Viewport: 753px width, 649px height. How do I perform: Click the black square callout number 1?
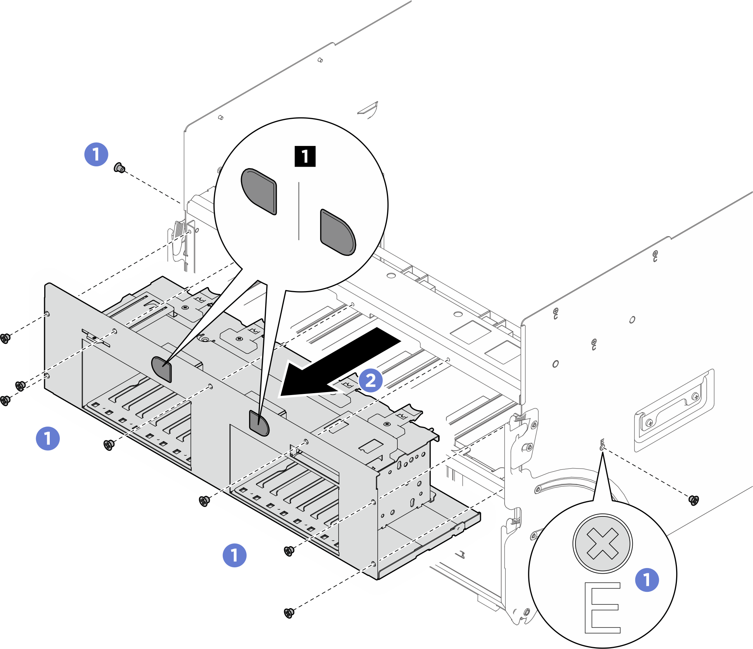pyautogui.click(x=305, y=156)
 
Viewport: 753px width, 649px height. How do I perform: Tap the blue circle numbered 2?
pyautogui.click(x=371, y=380)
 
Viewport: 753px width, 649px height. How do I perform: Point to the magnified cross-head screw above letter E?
pyautogui.click(x=602, y=544)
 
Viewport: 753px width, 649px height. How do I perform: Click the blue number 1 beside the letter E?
pyautogui.click(x=647, y=580)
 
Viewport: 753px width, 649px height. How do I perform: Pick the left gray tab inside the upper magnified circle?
pyautogui.click(x=260, y=191)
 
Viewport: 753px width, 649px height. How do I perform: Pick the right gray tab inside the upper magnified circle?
pyautogui.click(x=338, y=232)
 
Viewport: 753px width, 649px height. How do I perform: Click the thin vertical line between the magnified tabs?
pyautogui.click(x=299, y=211)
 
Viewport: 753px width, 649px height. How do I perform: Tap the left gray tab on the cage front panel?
pyautogui.click(x=162, y=369)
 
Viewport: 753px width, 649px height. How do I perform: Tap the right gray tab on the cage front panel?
pyautogui.click(x=259, y=423)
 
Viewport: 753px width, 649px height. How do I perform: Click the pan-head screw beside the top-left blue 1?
pyautogui.click(x=119, y=168)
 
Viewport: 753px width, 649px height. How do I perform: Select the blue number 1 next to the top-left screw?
pyautogui.click(x=96, y=154)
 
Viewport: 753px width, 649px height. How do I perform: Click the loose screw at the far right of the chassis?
pyautogui.click(x=693, y=500)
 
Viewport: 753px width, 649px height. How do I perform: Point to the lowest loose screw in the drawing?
pyautogui.click(x=289, y=613)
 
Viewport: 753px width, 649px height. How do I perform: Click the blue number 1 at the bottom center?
pyautogui.click(x=234, y=555)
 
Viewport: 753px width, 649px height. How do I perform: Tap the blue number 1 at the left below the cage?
pyautogui.click(x=48, y=438)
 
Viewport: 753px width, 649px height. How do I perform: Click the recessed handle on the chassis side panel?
pyautogui.click(x=674, y=410)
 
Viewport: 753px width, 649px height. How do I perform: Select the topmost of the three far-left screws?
pyautogui.click(x=5, y=338)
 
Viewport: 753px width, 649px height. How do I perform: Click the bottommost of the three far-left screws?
pyautogui.click(x=5, y=401)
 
